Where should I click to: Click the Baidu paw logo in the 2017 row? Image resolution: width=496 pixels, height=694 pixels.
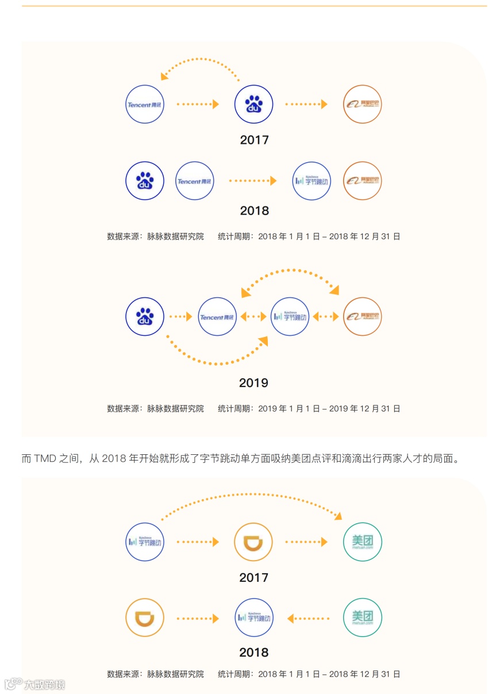point(253,104)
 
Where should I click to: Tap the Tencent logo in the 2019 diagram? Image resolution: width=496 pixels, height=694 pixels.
point(217,317)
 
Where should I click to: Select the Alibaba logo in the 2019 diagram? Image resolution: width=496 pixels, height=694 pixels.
point(362,317)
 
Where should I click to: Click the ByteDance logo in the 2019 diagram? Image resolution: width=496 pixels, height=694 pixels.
point(290,317)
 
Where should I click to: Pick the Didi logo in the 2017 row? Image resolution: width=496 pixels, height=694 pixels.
point(253,542)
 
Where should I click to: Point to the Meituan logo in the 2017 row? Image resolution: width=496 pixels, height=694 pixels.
point(362,542)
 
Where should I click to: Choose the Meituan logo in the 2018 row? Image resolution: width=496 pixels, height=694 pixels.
point(362,618)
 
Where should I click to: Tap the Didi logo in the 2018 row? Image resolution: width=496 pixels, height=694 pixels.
point(145,618)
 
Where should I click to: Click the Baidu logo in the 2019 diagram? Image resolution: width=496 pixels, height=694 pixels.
point(145,317)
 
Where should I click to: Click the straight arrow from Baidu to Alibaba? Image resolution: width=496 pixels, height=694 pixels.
point(306,104)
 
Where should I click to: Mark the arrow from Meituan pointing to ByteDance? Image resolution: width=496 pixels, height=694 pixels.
point(309,619)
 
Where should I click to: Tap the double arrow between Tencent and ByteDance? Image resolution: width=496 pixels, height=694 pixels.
point(253,317)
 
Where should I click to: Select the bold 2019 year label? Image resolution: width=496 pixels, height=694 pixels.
point(253,383)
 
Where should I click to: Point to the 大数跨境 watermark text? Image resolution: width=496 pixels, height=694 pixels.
point(44,684)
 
